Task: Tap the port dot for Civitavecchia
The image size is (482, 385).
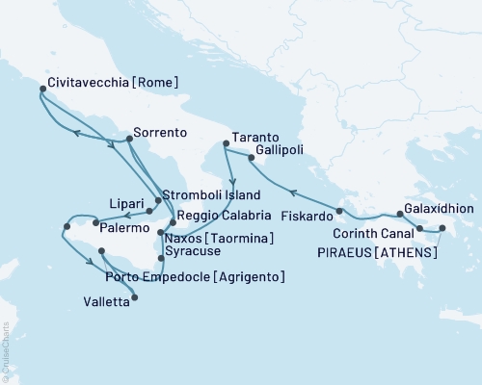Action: [x=41, y=90]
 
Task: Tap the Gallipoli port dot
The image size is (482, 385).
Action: [x=251, y=157]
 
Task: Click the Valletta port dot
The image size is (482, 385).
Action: [x=133, y=297]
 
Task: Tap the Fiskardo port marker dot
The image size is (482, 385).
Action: [x=339, y=211]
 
